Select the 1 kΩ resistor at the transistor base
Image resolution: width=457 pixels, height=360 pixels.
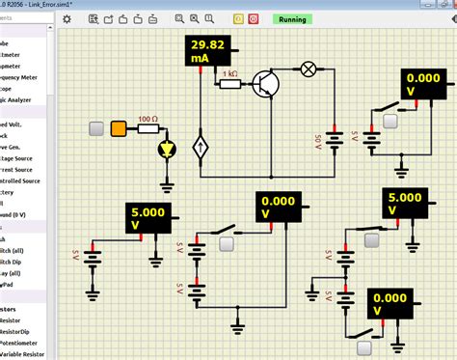click(x=230, y=84)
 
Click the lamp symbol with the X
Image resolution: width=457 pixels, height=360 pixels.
click(x=309, y=69)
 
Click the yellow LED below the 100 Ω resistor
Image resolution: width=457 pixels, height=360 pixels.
click(x=167, y=151)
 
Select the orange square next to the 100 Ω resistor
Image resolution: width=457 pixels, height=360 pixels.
click(x=119, y=128)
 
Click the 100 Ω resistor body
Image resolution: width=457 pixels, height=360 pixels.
click(x=148, y=128)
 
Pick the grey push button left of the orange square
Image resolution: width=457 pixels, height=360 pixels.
click(x=96, y=128)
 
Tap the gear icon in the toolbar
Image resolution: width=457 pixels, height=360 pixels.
click(x=67, y=18)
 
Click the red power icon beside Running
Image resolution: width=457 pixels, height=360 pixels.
click(x=253, y=18)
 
